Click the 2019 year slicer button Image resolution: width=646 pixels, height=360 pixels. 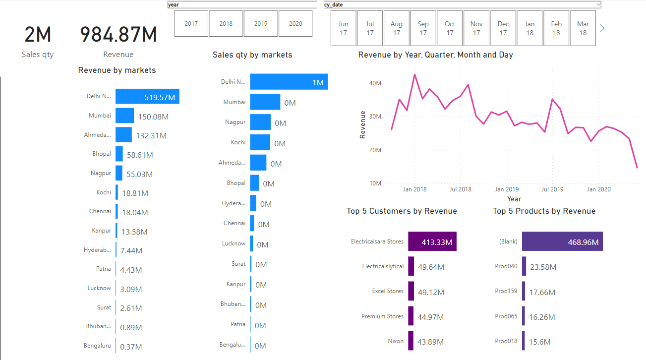pos(261,24)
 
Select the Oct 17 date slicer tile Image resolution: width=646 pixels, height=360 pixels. pos(450,28)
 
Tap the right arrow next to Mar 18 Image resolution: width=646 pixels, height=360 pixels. pos(602,28)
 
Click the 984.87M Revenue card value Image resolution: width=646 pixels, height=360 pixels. pos(118,35)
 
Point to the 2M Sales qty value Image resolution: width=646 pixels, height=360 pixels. pos(38,35)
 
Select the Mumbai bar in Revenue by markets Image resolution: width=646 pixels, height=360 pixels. pos(124,116)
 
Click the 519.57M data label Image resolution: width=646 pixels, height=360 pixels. pos(160,98)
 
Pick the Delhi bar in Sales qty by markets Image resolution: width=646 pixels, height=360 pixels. pos(289,82)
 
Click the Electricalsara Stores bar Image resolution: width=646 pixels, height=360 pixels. pos(432,241)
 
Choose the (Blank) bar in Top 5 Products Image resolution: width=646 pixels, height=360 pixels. pos(562,241)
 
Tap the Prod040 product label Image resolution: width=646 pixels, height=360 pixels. pos(506,266)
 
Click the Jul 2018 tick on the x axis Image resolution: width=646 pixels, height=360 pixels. pos(461,189)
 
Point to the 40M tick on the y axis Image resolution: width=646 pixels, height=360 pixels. pos(375,83)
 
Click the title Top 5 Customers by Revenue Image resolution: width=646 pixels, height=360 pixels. pos(402,211)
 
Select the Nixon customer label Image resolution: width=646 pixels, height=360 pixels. pos(396,341)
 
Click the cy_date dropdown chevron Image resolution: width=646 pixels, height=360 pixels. pos(598,4)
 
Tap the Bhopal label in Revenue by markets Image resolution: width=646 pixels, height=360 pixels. pos(102,154)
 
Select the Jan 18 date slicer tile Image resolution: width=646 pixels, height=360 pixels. pos(529,28)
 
